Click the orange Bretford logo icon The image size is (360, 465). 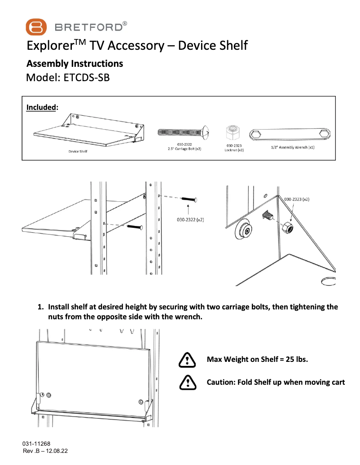(x=36, y=27)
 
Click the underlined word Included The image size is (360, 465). (x=42, y=107)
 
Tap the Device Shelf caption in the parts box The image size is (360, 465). (x=78, y=152)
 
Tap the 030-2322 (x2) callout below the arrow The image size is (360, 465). (x=189, y=220)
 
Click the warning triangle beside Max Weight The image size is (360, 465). (x=187, y=359)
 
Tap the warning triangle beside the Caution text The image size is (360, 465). (x=187, y=382)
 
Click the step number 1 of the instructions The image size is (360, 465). (x=40, y=307)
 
